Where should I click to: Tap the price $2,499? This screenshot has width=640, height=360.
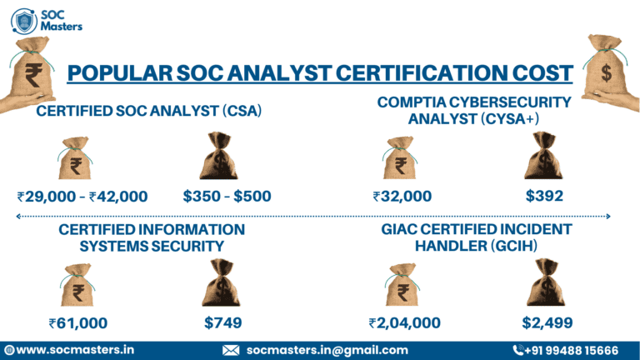pyautogui.click(x=547, y=323)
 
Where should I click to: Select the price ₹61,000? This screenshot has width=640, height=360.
pyautogui.click(x=77, y=323)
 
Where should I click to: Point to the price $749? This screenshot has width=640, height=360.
pyautogui.click(x=222, y=323)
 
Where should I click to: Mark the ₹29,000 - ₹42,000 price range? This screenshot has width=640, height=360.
pyautogui.click(x=82, y=197)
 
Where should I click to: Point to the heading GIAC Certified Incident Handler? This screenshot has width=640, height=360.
pyautogui.click(x=477, y=237)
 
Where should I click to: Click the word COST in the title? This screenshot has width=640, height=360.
pyautogui.click(x=538, y=72)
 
